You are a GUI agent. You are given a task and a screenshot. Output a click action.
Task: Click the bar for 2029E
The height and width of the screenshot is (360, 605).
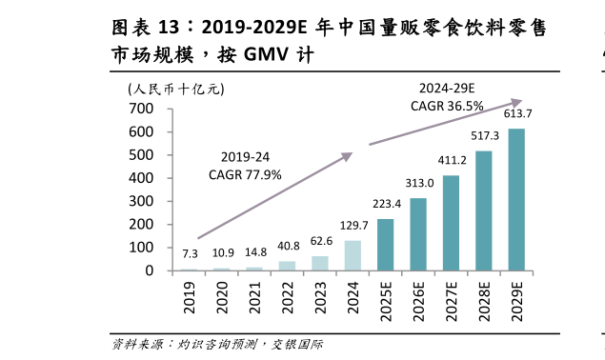click(515, 200)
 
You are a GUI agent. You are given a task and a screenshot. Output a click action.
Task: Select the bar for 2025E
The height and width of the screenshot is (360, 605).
click(385, 245)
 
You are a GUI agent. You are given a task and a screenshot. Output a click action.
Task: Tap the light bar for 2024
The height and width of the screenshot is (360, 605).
click(353, 255)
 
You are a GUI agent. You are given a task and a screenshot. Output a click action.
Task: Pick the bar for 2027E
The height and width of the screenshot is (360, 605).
click(451, 223)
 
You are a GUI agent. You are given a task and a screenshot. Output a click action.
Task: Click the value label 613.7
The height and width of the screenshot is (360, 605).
click(517, 114)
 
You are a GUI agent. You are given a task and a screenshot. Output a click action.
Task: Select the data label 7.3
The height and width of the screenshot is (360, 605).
click(190, 254)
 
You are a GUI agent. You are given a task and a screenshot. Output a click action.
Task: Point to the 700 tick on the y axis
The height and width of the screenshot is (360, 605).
click(142, 109)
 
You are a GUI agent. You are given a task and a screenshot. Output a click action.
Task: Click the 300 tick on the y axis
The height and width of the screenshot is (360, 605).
click(142, 201)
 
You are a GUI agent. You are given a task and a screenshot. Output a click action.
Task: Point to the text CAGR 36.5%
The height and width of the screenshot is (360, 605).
click(447, 106)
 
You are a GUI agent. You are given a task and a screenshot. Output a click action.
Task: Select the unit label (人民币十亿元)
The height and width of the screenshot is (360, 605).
click(175, 90)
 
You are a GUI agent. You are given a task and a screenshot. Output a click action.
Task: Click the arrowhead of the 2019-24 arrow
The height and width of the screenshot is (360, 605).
click(350, 155)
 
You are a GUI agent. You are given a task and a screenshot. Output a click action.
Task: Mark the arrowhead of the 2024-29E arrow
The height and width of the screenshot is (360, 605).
click(519, 101)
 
